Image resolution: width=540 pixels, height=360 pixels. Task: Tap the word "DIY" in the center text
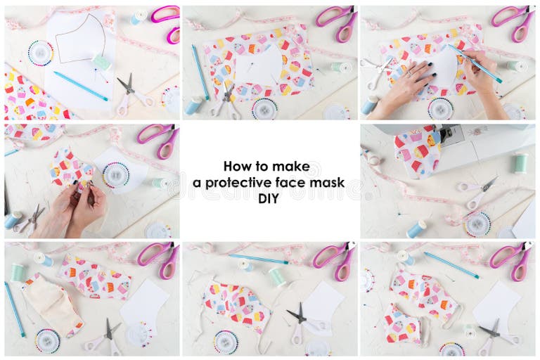269,199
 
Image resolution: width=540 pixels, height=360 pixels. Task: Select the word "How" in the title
236,167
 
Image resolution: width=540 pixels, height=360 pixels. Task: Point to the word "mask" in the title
328,183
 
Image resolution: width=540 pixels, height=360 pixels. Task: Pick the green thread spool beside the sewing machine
520,163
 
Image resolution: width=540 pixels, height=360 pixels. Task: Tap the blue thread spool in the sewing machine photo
416,229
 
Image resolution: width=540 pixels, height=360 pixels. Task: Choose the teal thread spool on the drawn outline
102,63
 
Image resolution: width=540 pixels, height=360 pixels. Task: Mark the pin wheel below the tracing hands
440,108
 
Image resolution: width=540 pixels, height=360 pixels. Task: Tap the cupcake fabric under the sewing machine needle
418,150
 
